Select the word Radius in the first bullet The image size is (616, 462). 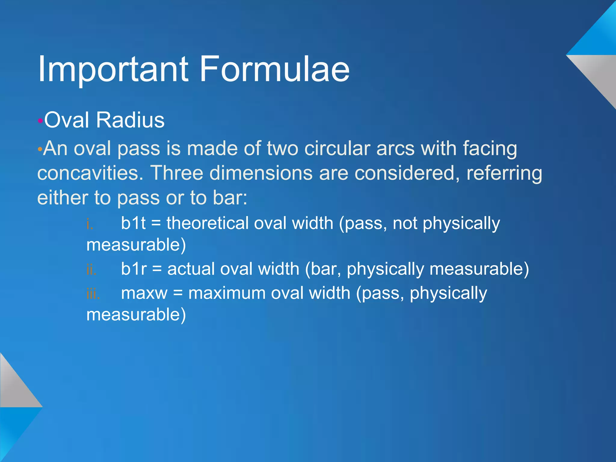(130, 120)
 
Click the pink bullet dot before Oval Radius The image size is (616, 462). (40, 121)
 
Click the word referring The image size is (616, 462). (504, 174)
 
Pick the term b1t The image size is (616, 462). (133, 223)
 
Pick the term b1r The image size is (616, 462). (134, 269)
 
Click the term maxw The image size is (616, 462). (144, 293)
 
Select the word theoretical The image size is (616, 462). (208, 223)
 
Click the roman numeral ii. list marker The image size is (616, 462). (91, 269)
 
